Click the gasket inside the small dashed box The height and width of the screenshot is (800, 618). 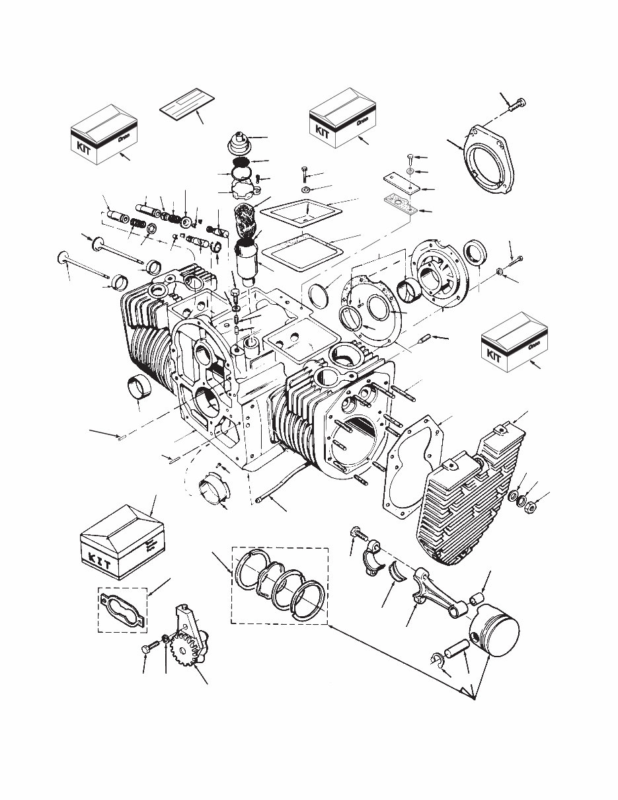click(x=123, y=608)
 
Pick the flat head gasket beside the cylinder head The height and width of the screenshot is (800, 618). click(x=413, y=469)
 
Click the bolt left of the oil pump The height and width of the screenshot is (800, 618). click(x=146, y=651)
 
